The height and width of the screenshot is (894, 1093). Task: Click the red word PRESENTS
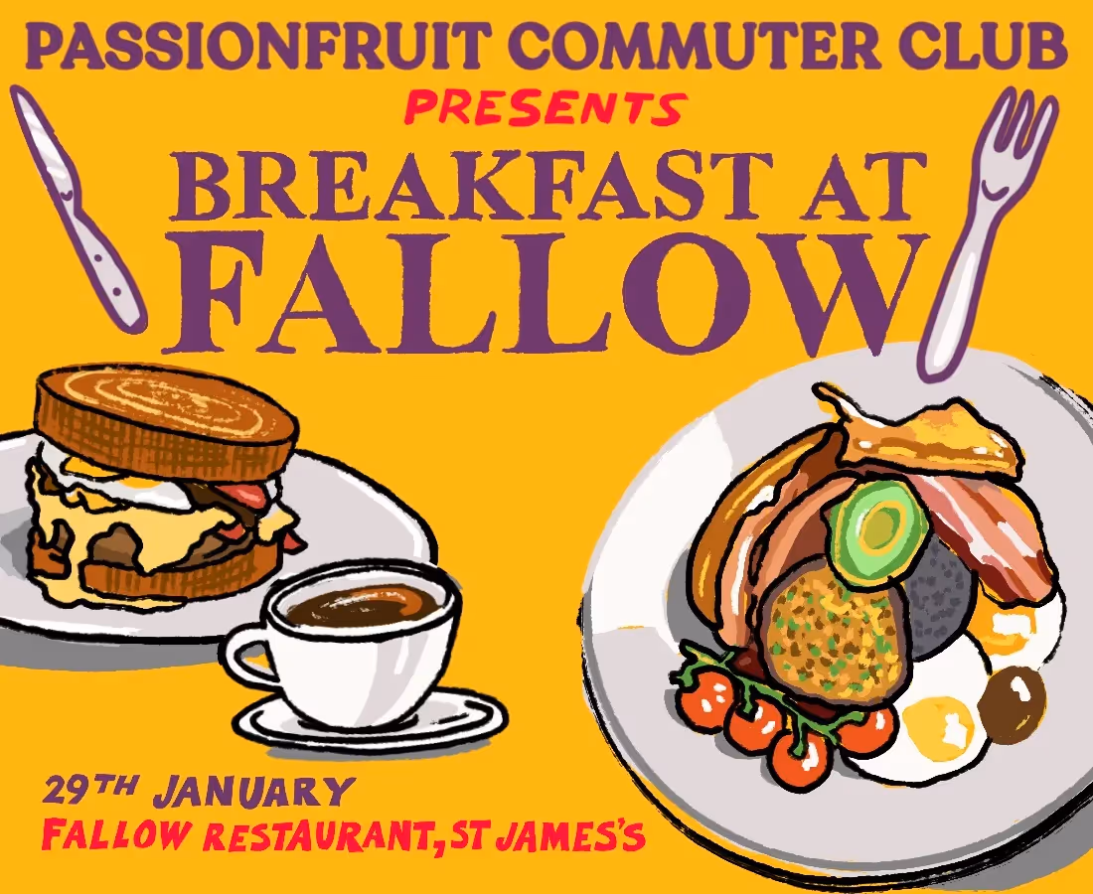point(545,107)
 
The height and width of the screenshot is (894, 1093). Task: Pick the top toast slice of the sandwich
point(164,417)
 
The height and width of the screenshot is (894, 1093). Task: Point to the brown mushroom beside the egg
point(1012,701)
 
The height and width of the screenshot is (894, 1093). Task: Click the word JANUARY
point(254,793)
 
